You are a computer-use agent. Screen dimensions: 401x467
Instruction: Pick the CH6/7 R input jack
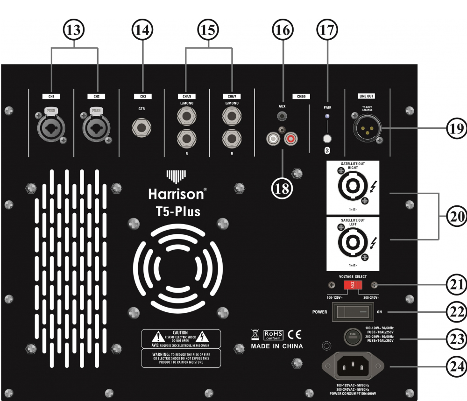coord(232,139)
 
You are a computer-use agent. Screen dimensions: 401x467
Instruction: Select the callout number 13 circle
coord(74,29)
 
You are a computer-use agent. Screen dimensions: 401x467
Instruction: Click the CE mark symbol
coord(295,334)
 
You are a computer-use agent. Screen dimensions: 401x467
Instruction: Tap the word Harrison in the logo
coord(176,193)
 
